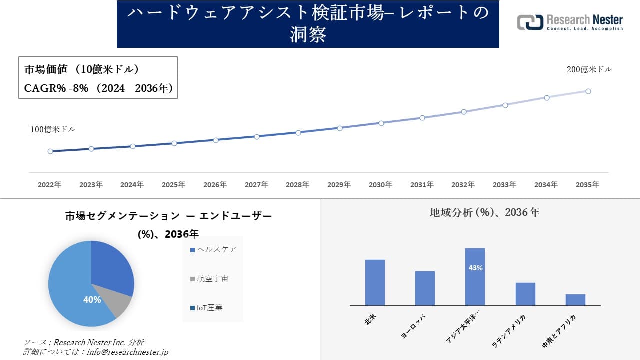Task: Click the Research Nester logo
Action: click(570, 22)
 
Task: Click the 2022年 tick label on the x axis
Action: click(50, 185)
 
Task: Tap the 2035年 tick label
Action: click(587, 185)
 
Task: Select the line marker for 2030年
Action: click(381, 123)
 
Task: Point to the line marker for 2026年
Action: click(215, 140)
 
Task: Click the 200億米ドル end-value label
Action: click(589, 70)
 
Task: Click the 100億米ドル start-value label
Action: click(53, 129)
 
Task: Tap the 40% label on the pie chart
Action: click(92, 300)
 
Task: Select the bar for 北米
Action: click(375, 282)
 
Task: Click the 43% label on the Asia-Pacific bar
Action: click(475, 268)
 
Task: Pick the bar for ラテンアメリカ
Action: click(525, 294)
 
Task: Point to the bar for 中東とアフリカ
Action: click(575, 299)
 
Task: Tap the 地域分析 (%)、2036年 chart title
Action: click(484, 212)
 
